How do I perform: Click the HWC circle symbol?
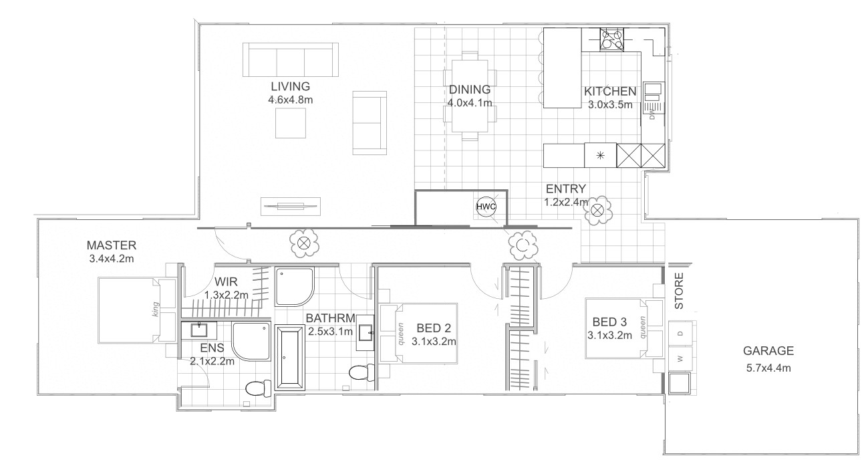pos(486,207)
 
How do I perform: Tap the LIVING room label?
pos(290,86)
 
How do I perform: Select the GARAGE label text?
pos(768,351)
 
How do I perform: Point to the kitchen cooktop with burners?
pos(612,39)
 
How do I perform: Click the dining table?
pos(470,96)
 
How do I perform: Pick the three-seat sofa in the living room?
pos(291,60)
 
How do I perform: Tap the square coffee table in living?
pos(291,123)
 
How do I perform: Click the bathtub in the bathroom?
pos(290,358)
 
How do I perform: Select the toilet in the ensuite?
pos(259,388)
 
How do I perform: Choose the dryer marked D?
pos(681,334)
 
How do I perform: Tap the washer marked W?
pos(681,359)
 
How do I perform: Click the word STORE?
pos(680,291)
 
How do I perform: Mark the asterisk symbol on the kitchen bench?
pos(600,156)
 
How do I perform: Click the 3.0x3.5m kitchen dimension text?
pos(610,105)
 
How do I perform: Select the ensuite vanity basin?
pos(199,330)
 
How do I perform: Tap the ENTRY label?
pos(566,189)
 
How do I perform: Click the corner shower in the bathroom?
pos(295,287)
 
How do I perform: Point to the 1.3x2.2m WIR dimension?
pos(227,295)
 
